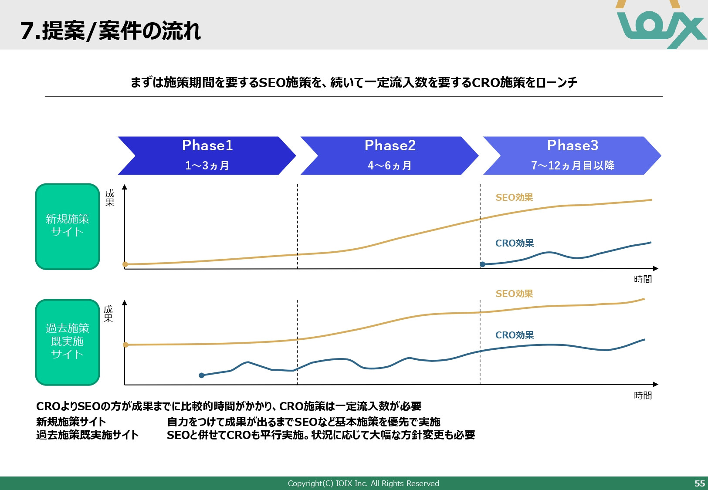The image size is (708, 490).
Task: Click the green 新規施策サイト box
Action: tap(68, 226)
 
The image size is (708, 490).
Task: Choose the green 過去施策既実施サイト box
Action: tap(68, 342)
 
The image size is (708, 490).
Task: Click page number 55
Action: tap(699, 483)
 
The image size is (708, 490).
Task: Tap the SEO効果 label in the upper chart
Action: tap(514, 197)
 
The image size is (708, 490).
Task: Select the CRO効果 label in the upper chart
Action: tap(515, 243)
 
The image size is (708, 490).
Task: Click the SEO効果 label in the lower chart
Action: tap(514, 294)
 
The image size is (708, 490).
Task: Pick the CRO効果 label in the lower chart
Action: tap(515, 335)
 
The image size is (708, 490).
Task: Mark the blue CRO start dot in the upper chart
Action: tap(483, 264)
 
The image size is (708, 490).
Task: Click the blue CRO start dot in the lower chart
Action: tap(201, 375)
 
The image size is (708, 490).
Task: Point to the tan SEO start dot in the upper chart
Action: tap(125, 264)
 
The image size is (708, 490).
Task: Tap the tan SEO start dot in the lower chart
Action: tap(126, 345)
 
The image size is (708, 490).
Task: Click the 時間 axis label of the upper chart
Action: tap(643, 279)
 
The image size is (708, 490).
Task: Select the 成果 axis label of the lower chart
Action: tap(108, 314)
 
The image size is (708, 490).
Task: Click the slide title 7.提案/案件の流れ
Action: tap(111, 31)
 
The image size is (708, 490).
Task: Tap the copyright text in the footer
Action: tap(363, 483)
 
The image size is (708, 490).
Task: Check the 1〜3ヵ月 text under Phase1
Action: tap(207, 166)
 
